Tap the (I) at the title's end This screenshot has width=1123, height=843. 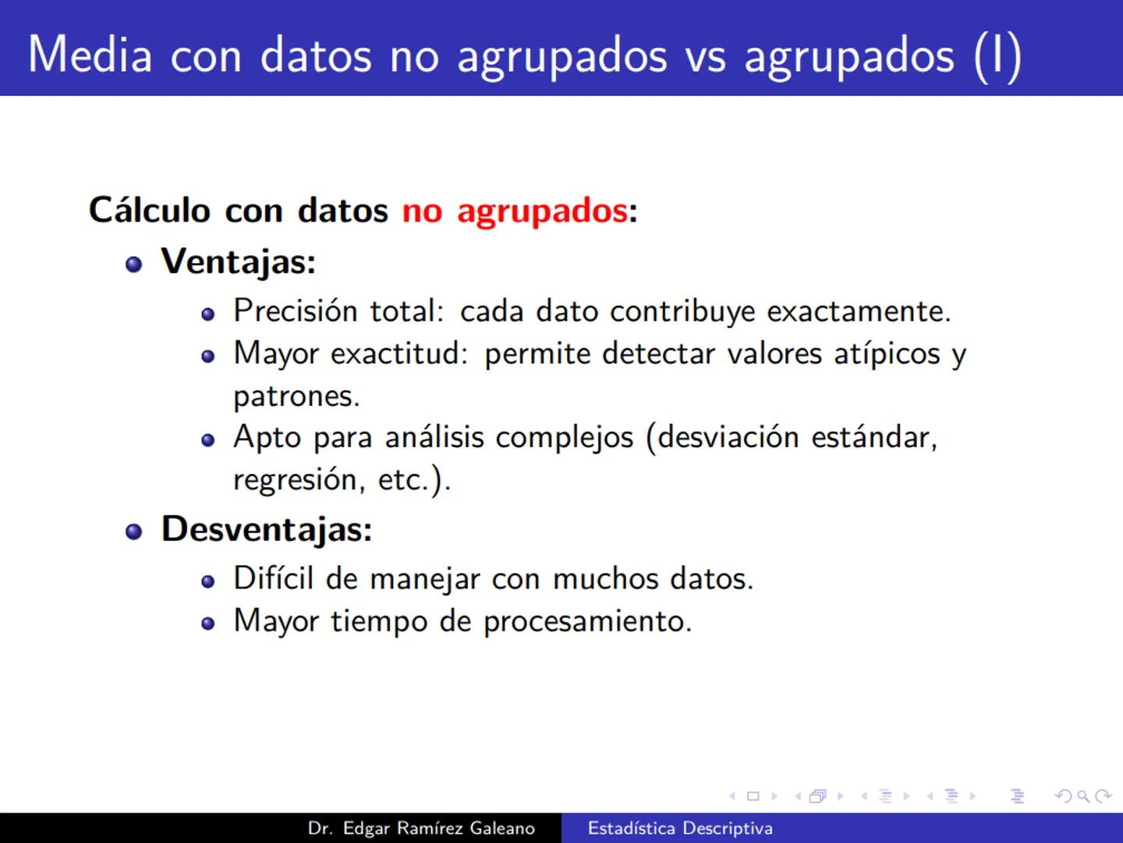pyautogui.click(x=997, y=56)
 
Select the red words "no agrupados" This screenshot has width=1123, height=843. pyautogui.click(x=515, y=211)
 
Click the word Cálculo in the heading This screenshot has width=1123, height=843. pyautogui.click(x=150, y=210)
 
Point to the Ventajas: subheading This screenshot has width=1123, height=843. pyautogui.click(x=238, y=261)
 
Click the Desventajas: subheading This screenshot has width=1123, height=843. pyautogui.click(x=267, y=529)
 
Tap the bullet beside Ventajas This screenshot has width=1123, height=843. pyautogui.click(x=134, y=264)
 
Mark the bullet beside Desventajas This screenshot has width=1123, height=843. pyautogui.click(x=134, y=532)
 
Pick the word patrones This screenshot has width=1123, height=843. pyautogui.click(x=296, y=397)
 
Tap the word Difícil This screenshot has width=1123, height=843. pyautogui.click(x=274, y=578)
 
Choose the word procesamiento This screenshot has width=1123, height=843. pyautogui.click(x=587, y=621)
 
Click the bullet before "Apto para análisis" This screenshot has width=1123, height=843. pyautogui.click(x=207, y=440)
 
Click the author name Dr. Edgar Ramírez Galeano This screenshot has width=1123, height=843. pyautogui.click(x=421, y=828)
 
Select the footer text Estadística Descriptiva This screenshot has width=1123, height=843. pyautogui.click(x=680, y=828)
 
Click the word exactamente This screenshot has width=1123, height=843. pyautogui.click(x=859, y=311)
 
